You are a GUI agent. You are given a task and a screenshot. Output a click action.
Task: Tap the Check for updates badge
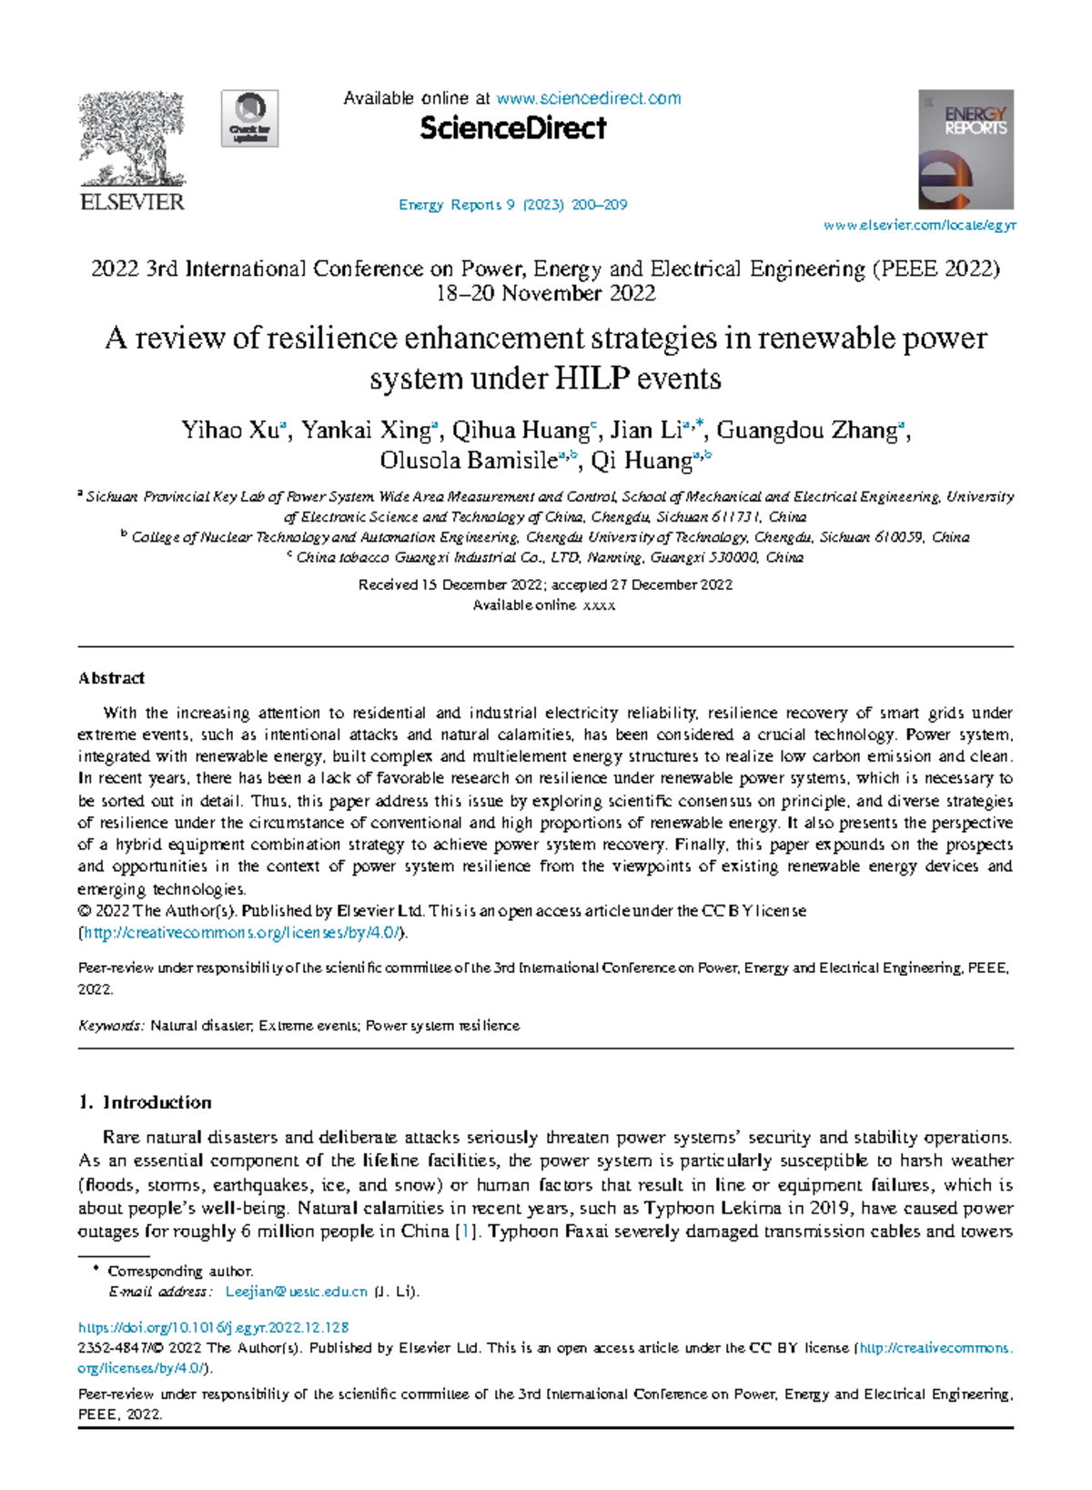(250, 118)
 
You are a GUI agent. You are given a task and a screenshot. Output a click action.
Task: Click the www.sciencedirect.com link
(588, 98)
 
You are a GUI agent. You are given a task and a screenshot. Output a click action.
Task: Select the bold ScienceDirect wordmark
(512, 129)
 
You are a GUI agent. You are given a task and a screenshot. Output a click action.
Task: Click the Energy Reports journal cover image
(966, 149)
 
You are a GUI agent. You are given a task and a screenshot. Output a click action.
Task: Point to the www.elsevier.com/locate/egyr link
(919, 226)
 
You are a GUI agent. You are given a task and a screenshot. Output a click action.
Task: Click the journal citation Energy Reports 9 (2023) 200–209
(512, 205)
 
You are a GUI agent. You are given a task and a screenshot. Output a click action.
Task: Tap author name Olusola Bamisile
(468, 461)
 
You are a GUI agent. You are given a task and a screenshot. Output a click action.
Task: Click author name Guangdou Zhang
(806, 431)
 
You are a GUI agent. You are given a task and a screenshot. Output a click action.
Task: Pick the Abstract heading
(111, 678)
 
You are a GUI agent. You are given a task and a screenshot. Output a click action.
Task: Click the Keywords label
(110, 1026)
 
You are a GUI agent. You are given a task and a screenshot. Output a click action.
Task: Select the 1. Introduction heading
(146, 1102)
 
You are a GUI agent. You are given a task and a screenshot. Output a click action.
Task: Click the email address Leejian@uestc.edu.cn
(296, 1292)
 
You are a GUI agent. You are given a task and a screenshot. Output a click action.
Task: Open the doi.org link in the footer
(214, 1328)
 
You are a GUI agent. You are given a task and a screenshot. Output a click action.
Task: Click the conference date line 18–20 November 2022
(546, 294)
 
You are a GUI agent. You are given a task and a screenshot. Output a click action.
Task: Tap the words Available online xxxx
(544, 605)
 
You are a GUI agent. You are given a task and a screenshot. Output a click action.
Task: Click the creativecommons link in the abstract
(240, 933)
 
